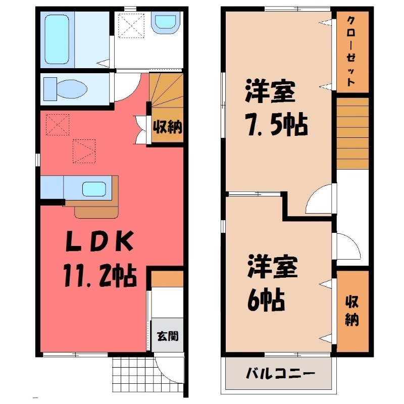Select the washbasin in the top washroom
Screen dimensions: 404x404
(x=166, y=22)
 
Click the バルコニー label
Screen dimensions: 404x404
(x=280, y=374)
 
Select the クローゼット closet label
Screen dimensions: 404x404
(x=350, y=50)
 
